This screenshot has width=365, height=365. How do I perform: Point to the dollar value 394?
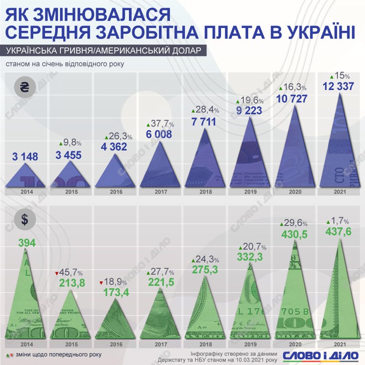tap(27, 243)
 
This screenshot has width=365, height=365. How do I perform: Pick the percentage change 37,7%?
tap(161, 124)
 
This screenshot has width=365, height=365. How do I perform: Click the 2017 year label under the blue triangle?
tap(161, 192)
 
